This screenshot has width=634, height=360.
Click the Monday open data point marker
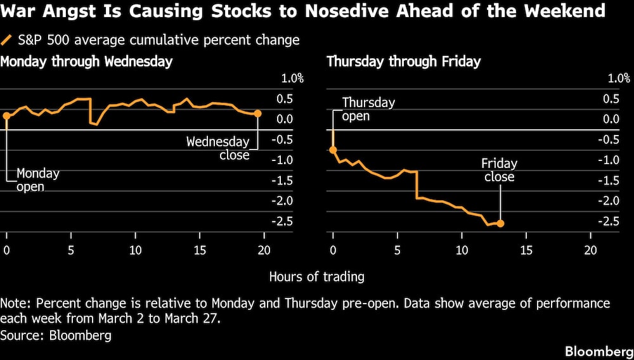coord(6,115)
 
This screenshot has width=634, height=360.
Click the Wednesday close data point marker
coord(257,113)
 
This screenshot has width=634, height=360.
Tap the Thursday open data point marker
coord(333,150)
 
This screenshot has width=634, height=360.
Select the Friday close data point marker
coord(500,223)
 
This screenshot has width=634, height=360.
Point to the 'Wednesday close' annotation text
coord(217,148)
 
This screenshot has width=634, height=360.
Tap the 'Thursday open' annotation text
coord(368,109)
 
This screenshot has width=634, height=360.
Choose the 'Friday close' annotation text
coord(499,170)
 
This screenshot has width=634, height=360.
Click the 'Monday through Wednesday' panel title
coord(86,61)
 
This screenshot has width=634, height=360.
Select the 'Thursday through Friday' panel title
coord(403,61)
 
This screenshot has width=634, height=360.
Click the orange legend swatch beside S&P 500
coord(7,40)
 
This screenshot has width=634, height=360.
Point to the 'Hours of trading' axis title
coord(316,276)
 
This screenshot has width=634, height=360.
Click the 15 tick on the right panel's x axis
coord(526,250)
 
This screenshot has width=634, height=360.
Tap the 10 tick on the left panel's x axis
coord(135,250)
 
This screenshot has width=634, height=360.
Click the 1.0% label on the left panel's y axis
coord(292,79)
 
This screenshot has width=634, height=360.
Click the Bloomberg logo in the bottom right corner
coord(597,350)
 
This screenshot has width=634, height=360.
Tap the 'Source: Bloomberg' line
coord(56,335)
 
